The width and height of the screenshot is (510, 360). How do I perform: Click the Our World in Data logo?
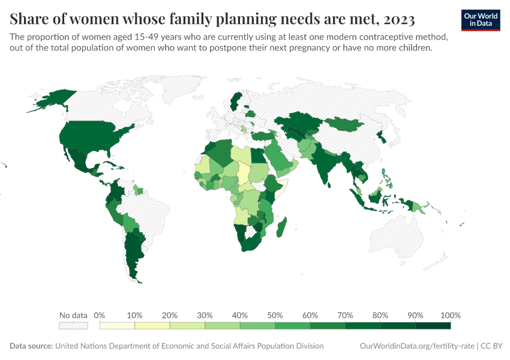coord(481,20)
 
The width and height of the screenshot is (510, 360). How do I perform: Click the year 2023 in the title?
coord(397,20)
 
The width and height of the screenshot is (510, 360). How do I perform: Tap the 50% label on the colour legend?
coord(275,315)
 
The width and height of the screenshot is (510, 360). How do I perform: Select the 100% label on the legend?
coord(450,315)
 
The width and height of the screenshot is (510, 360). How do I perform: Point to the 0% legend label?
coord(100,315)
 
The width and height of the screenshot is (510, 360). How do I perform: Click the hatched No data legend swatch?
coord(73,326)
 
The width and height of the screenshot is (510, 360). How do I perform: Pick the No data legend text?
coord(73,315)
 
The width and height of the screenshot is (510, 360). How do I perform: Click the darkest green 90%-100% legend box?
coord(433,326)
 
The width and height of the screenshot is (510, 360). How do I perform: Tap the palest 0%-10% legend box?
coord(117,326)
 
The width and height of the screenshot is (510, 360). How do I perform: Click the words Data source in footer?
coord(31,346)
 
